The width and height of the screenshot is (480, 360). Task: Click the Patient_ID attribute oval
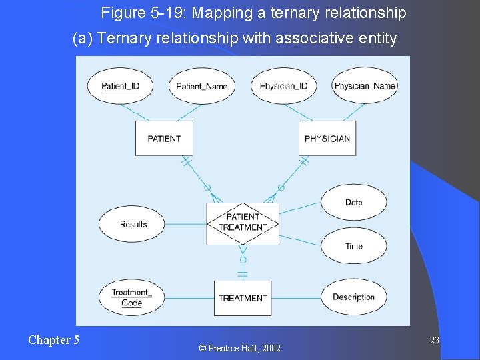point(120,86)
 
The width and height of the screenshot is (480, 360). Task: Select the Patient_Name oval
point(201,86)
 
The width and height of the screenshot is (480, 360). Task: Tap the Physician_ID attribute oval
point(283,86)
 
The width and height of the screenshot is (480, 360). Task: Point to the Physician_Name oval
point(365,86)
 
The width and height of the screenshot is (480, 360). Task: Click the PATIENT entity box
point(164,139)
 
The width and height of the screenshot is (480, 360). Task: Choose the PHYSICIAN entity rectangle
point(327,139)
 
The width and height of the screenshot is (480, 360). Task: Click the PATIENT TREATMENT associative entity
point(243,223)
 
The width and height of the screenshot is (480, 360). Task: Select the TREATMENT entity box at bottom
point(243,298)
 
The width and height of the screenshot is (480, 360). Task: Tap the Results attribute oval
point(133,224)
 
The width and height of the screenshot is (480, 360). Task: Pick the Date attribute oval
point(353,202)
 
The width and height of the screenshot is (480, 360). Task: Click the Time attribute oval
point(353,246)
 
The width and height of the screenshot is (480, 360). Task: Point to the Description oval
point(353,297)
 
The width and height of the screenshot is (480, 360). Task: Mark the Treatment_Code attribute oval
point(131,297)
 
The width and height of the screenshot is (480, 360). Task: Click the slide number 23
point(434,341)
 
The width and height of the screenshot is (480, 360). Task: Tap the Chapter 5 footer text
point(53,340)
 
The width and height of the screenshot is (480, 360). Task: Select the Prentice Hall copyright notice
point(239,348)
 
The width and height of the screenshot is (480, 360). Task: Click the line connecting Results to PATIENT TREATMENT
point(187,224)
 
